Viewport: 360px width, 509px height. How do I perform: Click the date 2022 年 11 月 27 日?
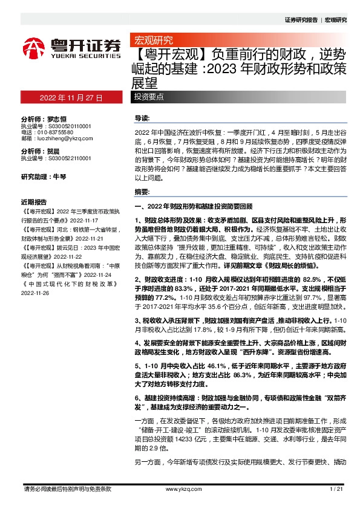tap(71, 97)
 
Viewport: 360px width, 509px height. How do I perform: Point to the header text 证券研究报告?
tap(301, 19)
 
